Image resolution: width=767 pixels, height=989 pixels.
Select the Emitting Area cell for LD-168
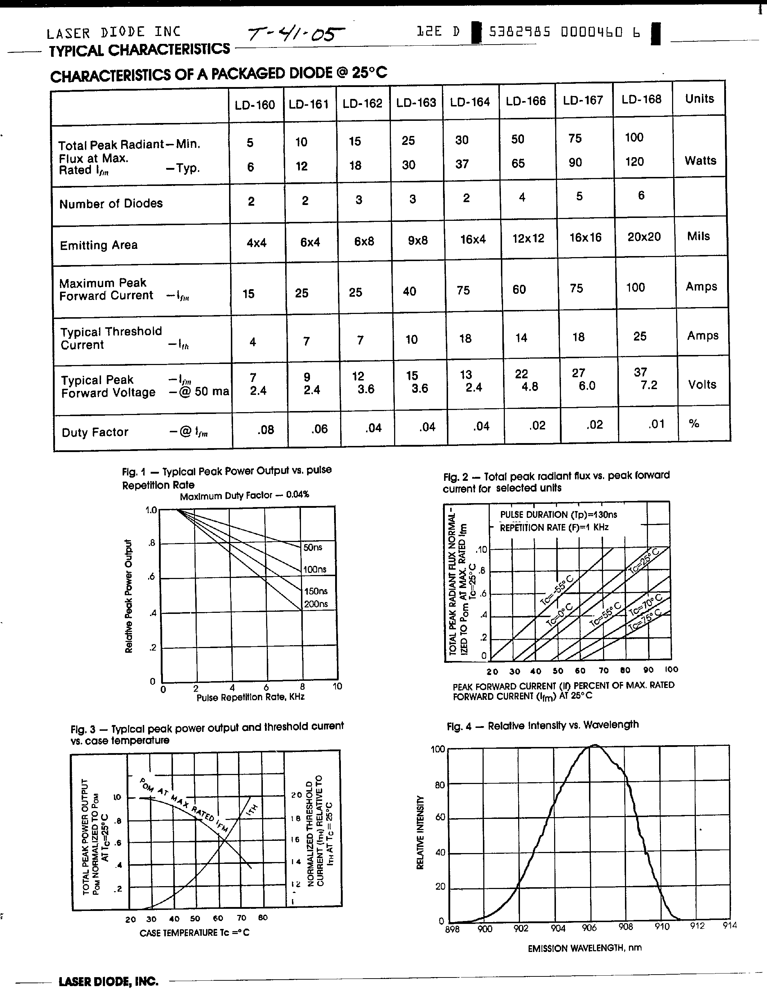coord(644,237)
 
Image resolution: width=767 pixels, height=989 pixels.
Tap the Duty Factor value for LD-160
coord(265,430)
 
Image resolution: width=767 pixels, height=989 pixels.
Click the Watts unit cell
coord(700,161)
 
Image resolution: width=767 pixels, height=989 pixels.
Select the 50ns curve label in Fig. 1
coord(313,547)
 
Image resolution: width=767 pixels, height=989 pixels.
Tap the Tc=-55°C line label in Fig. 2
coord(557,589)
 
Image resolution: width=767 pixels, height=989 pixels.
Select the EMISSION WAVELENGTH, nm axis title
coord(585,948)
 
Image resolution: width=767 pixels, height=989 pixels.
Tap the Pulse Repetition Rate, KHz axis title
coord(250,697)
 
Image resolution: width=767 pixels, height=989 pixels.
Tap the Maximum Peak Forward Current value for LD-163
coord(409,291)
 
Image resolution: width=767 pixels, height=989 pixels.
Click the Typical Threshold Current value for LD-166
coord(521,338)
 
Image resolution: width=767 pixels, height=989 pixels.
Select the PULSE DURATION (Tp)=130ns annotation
coord(558,515)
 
